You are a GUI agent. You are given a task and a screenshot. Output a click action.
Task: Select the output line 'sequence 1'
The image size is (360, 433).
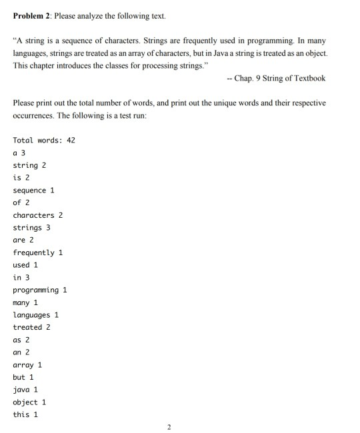tap(33, 191)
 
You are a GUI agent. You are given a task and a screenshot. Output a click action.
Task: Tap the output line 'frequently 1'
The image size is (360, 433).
tap(38, 253)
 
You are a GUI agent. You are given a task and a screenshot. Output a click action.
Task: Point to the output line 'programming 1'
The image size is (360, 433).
tap(40, 290)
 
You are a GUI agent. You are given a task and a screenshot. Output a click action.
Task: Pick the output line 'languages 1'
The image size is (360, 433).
tap(36, 315)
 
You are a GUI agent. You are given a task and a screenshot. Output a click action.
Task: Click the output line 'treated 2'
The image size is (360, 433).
tap(31, 328)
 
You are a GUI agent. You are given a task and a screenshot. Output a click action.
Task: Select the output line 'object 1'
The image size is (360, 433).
tap(29, 402)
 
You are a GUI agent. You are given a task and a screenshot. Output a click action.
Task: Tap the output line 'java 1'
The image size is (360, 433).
tap(25, 390)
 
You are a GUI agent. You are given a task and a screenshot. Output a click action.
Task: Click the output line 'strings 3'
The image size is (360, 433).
tap(31, 228)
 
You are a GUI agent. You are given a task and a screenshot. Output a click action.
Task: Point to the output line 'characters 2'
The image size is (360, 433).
tap(38, 216)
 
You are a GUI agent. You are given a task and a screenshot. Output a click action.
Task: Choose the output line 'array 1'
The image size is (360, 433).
tap(27, 365)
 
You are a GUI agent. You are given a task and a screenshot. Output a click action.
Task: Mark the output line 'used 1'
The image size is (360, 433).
tap(25, 265)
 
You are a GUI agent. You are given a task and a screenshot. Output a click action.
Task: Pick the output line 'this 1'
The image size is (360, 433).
tap(25, 415)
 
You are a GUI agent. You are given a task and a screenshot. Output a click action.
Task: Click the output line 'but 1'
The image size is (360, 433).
tap(23, 378)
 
